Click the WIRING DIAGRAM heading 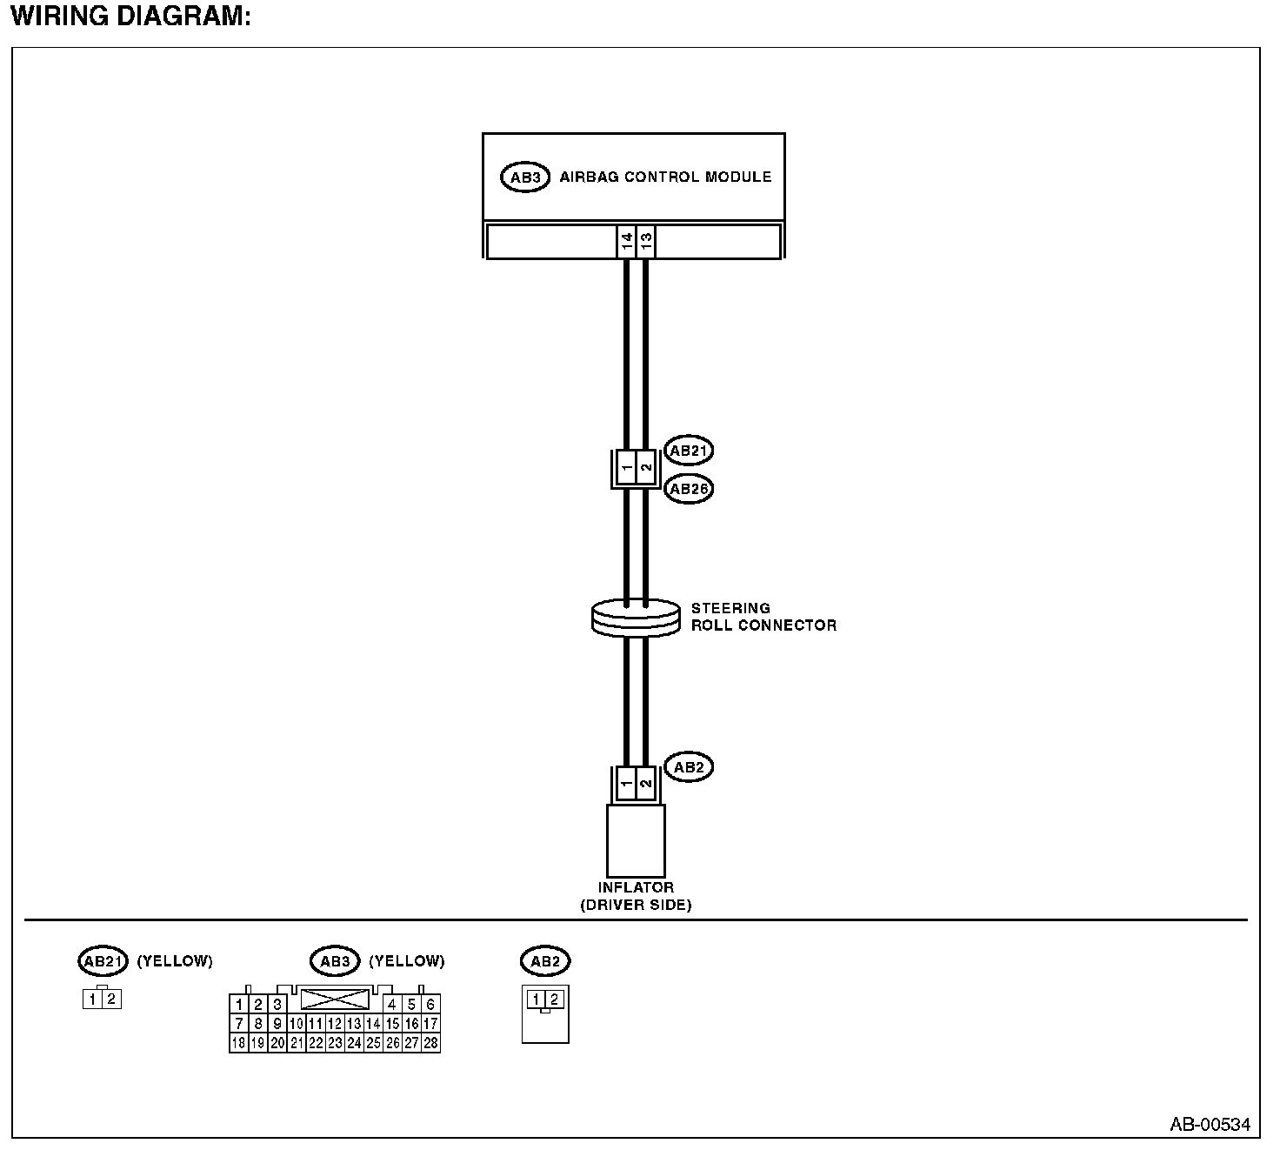[x=130, y=17]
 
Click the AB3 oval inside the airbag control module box [x=525, y=177]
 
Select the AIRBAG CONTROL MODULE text [x=665, y=177]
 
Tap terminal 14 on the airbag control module [x=626, y=241]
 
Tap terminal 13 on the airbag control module [x=645, y=241]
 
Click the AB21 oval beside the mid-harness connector [x=688, y=451]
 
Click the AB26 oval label [x=688, y=489]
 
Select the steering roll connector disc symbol [x=635, y=618]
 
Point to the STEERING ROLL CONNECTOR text [x=763, y=617]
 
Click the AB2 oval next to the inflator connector [x=688, y=767]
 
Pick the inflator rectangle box [x=636, y=840]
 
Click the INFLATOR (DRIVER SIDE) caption [x=636, y=896]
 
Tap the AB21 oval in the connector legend [x=103, y=961]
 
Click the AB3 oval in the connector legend [x=335, y=961]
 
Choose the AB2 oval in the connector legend [x=545, y=961]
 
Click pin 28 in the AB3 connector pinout [x=430, y=1043]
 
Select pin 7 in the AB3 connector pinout [x=238, y=1024]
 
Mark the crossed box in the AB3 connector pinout [x=335, y=999]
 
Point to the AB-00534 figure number [x=1210, y=1125]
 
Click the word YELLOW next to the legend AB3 [x=407, y=961]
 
